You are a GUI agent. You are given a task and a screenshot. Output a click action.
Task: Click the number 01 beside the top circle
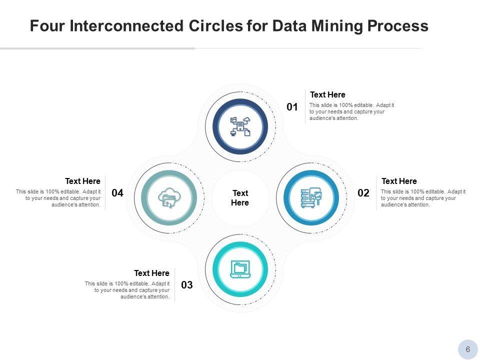[292, 107]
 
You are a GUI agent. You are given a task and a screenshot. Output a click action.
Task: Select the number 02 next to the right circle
[363, 193]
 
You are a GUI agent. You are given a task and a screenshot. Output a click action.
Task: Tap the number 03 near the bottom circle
[186, 285]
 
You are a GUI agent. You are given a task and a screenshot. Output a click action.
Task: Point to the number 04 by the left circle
[117, 193]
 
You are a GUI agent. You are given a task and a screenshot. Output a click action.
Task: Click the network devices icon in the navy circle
[240, 126]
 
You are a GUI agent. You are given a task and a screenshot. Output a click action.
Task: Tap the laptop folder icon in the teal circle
[240, 269]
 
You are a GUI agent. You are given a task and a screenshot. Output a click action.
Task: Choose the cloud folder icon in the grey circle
[168, 198]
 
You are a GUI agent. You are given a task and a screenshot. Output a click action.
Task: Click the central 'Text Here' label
[240, 198]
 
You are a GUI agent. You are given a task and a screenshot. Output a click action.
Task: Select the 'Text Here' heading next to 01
[327, 95]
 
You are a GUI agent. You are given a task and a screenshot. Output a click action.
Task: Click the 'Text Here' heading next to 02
[399, 181]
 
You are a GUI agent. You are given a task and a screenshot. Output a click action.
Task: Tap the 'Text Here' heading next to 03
[151, 273]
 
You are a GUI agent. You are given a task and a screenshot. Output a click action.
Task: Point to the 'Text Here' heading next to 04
[82, 181]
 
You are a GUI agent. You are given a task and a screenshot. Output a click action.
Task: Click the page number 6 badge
[468, 349]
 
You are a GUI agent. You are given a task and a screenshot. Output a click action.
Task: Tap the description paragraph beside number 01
[351, 112]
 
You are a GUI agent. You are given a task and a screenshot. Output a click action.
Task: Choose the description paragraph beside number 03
[127, 290]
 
